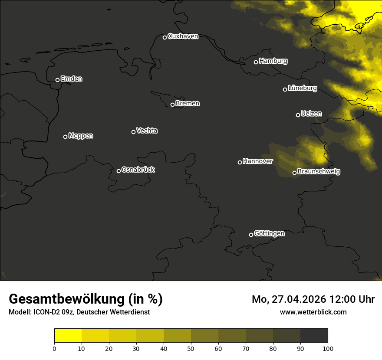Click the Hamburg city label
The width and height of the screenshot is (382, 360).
tap(273, 61)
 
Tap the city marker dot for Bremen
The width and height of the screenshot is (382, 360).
tap(172, 105)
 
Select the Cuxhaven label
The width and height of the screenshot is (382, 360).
tap(183, 36)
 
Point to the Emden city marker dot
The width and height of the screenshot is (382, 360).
tap(57, 80)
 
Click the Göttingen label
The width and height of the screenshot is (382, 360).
tap(269, 234)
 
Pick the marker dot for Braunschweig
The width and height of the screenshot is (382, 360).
tap(294, 173)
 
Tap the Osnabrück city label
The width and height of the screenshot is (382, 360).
tap(138, 170)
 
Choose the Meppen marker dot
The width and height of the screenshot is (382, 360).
tap(65, 137)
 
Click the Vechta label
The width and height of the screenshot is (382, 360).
tap(147, 131)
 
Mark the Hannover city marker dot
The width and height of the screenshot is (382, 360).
tap(240, 162)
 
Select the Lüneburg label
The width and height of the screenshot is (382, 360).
tap(302, 88)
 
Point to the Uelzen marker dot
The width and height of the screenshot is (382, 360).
tap(298, 115)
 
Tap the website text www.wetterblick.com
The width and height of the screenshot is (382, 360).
tap(313, 312)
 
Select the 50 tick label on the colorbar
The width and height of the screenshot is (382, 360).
tap(191, 348)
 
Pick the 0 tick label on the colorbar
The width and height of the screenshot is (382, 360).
tap(54, 348)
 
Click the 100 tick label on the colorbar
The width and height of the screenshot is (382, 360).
tap(328, 348)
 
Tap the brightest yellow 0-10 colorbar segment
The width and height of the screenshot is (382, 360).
tap(68, 336)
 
